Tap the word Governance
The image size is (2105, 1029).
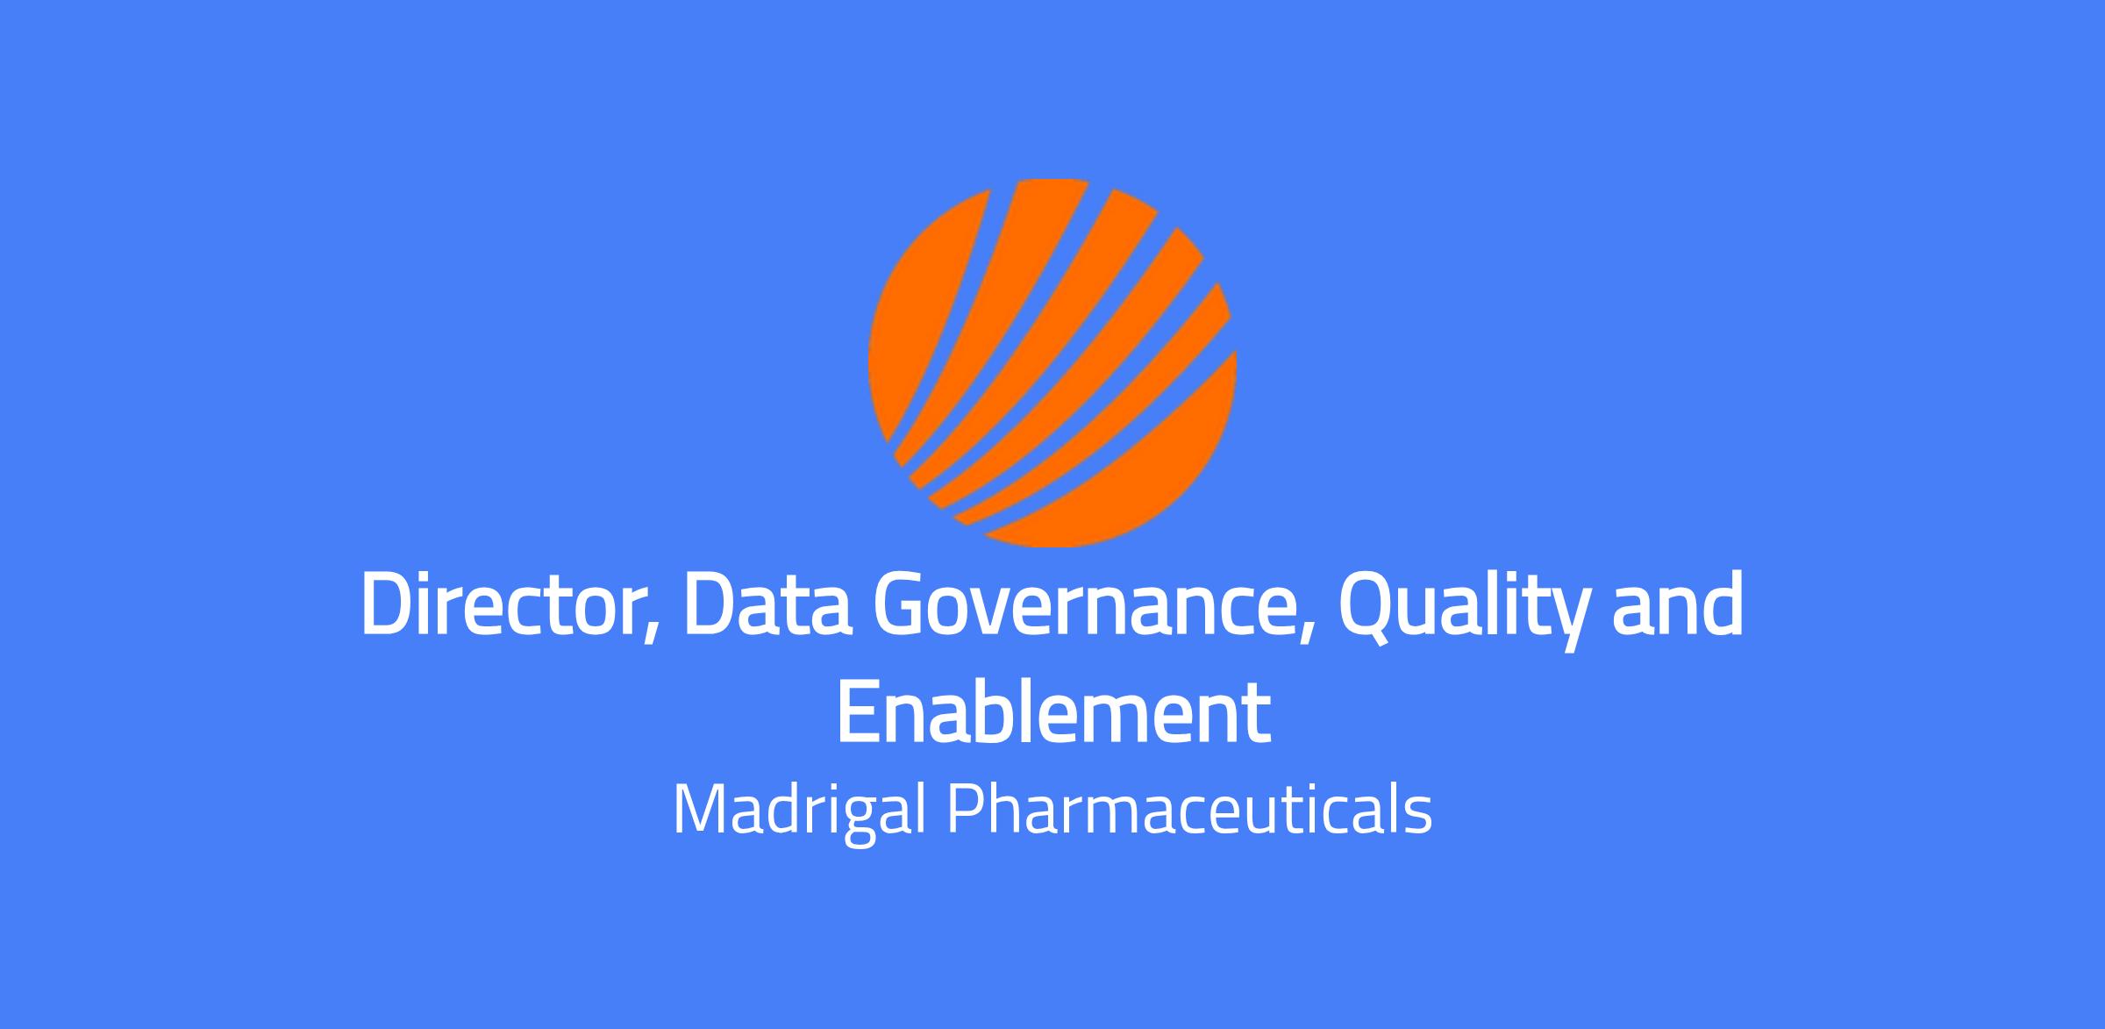(1083, 605)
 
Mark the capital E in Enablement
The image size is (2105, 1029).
(859, 712)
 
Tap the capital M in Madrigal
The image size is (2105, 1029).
(700, 810)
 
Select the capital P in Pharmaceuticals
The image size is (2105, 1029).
(966, 810)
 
